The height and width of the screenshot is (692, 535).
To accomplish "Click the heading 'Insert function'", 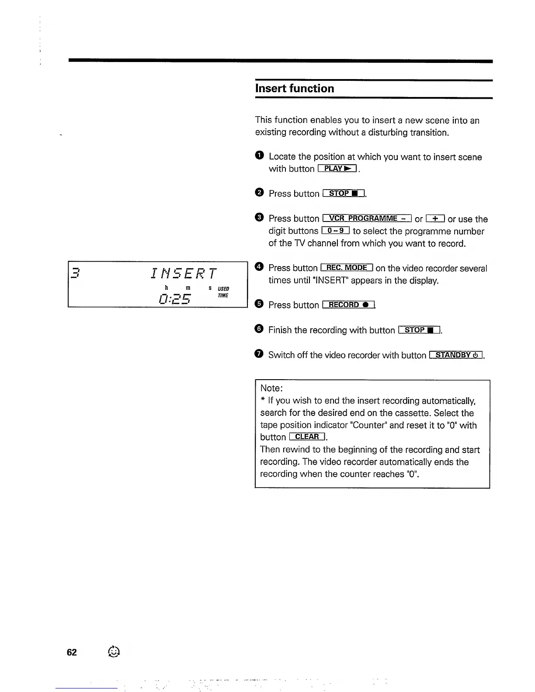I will click(295, 89).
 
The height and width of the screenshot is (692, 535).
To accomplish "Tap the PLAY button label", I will click(337, 169).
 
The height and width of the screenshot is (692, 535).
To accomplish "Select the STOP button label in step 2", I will click(344, 194).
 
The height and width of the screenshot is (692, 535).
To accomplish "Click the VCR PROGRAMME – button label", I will click(367, 218).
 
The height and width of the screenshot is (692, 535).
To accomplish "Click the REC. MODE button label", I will click(347, 268).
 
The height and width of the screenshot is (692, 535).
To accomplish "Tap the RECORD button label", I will click(348, 305).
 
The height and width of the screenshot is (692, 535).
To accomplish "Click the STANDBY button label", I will click(456, 355).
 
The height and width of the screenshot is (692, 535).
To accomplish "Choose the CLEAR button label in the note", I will click(307, 437).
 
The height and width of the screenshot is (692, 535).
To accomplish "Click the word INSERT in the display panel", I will click(183, 274).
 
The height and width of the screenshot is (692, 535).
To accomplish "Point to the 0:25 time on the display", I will click(175, 299).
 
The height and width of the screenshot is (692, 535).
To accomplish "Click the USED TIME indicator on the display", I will click(223, 292).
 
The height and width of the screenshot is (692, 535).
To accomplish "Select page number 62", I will click(72, 652).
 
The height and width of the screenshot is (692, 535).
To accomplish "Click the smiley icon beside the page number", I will click(113, 651).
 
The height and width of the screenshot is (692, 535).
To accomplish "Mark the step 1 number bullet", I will click(259, 156).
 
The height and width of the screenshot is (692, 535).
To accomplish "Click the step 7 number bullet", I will click(259, 354).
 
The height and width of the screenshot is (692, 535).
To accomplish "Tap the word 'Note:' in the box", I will click(271, 388).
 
